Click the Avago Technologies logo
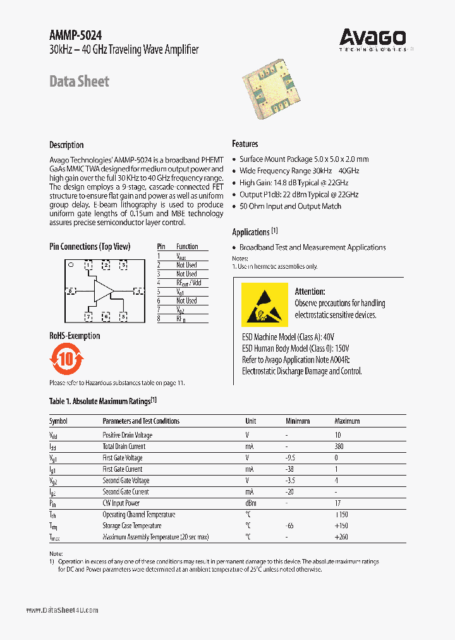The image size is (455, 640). tap(373, 39)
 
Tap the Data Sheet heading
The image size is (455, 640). tap(79, 81)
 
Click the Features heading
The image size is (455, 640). tap(245, 144)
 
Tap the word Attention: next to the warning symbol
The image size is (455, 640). tap(310, 292)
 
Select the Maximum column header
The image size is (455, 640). tap(347, 421)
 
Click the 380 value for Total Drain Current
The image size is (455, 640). tap(339, 446)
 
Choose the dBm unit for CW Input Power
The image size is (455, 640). tap(251, 503)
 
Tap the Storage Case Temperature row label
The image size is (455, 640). tap(132, 526)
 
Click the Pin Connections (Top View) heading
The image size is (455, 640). tap(90, 247)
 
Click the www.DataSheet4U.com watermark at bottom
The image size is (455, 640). tap(62, 610)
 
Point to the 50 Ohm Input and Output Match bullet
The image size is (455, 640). tap(291, 206)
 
